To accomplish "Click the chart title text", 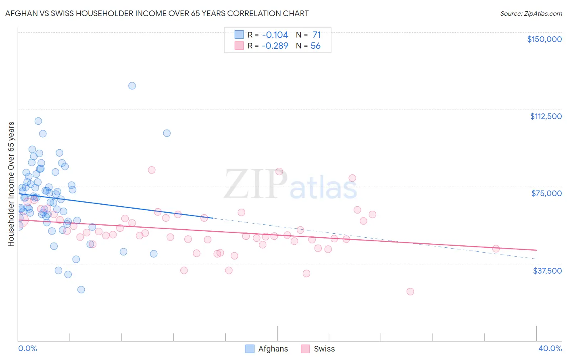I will (157, 13).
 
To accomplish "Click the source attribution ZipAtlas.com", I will (531, 14).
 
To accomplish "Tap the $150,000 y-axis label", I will (544, 39).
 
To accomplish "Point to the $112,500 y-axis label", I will (546, 116).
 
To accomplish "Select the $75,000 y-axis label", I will (546, 193).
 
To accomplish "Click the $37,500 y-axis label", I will (547, 271).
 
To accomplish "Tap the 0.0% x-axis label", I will (27, 348).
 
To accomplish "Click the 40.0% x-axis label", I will (550, 348).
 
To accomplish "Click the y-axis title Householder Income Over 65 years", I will (11, 184).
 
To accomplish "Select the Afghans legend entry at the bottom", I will (267, 349).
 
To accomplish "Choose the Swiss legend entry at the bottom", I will (318, 349).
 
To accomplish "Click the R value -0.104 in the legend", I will (275, 35).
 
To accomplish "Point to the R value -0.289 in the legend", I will (275, 46).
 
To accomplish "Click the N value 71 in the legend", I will (317, 35).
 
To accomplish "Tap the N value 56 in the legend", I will (315, 46).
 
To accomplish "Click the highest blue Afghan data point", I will (132, 86).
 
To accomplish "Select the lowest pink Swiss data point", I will (410, 291).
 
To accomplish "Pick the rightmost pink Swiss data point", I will (496, 249).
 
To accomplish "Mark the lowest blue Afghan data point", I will (81, 289).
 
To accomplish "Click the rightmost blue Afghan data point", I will (167, 133).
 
